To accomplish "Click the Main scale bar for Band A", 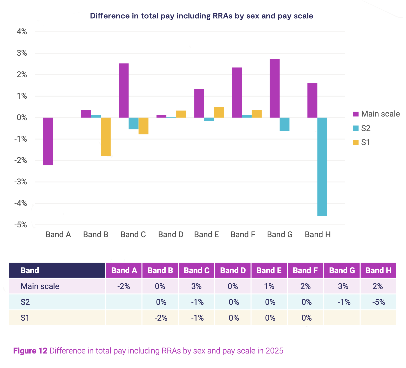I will click(48, 141).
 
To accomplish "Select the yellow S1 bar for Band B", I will click(106, 137).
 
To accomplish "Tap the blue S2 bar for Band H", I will click(322, 167).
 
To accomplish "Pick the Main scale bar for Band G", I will click(275, 88).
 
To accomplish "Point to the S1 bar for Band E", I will click(219, 112).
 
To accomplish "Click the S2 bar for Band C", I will click(133, 123).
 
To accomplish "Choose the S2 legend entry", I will click(362, 128).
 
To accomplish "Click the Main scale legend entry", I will click(376, 114).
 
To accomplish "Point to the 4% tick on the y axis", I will click(22, 32).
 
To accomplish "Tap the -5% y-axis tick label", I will click(21, 225).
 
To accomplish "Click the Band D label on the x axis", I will click(171, 235).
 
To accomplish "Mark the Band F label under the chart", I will click(243, 235).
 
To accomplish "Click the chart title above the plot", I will click(201, 16).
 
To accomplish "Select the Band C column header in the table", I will click(197, 270).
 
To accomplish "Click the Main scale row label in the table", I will click(40, 286).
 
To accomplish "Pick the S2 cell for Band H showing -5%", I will click(378, 302).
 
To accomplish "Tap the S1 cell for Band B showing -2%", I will click(161, 318).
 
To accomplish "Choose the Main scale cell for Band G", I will click(343, 286).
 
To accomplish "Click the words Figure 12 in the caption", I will click(30, 351).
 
